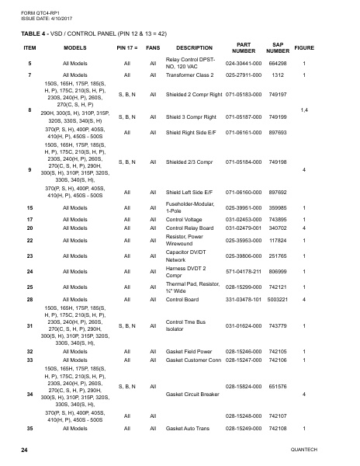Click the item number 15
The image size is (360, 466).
29,208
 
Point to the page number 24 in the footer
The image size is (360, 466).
24,450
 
